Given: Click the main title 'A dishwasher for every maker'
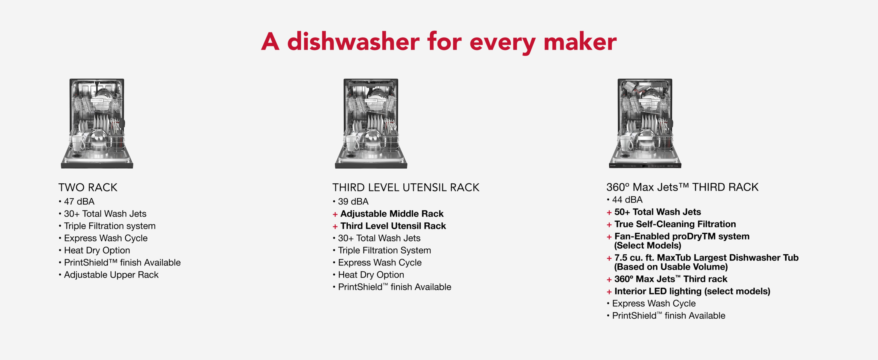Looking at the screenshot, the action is (439, 42).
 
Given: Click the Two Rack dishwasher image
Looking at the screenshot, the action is (97, 123).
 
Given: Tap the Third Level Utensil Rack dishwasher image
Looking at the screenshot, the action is (371, 123).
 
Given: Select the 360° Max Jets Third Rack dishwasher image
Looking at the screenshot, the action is (645, 123).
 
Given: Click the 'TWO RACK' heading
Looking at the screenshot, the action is (88, 187).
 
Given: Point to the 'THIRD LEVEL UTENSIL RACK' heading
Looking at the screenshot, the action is (406, 187).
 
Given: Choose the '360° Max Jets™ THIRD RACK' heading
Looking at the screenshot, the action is (682, 187).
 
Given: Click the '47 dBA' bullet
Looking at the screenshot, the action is (79, 202).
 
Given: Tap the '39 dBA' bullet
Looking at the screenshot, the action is (353, 202).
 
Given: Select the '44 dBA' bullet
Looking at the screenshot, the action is (627, 199).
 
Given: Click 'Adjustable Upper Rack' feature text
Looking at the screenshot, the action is (111, 275).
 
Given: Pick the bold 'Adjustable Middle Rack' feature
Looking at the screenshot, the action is (392, 214).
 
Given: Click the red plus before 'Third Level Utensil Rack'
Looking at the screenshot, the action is (335, 226).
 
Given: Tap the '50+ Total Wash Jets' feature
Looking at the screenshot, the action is (658, 212).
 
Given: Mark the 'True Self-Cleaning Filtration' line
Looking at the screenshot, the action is (675, 224).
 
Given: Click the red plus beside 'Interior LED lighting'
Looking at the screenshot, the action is (609, 292).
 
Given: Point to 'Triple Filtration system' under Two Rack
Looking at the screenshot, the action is (110, 226).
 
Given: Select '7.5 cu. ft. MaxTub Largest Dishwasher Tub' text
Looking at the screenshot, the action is (706, 258).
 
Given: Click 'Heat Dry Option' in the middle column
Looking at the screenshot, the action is (371, 275).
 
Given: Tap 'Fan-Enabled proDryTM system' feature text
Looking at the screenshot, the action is (682, 237).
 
